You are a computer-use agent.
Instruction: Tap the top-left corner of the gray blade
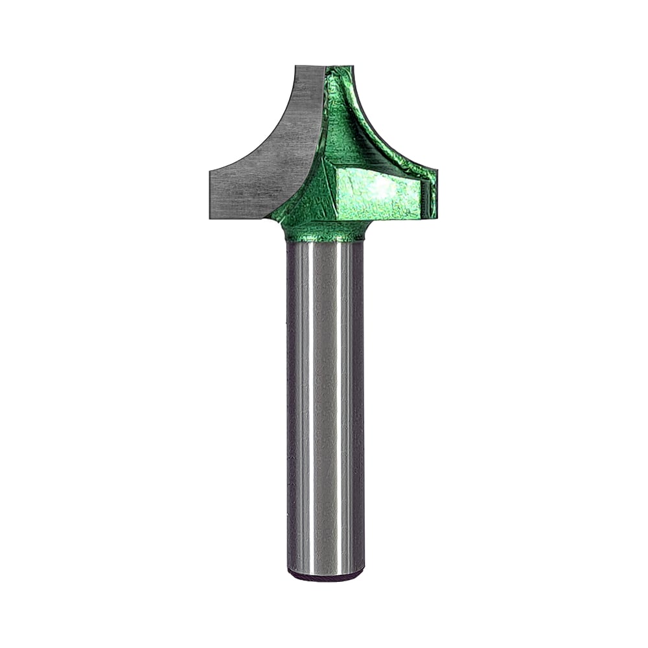point(296,67)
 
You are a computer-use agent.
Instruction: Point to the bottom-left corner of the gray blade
point(211,217)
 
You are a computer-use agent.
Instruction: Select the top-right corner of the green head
point(352,67)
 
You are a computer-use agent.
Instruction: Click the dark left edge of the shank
point(290,402)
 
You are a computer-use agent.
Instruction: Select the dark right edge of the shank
point(361,402)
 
